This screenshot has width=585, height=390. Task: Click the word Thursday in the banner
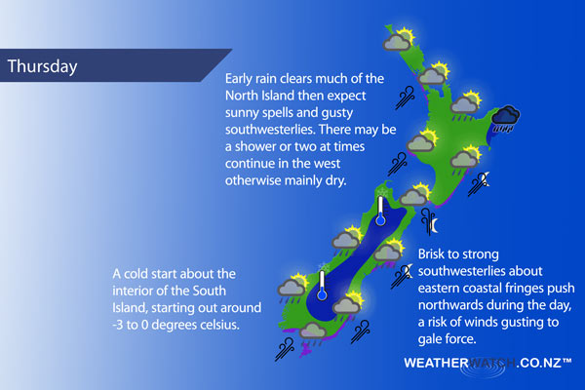(x=42, y=66)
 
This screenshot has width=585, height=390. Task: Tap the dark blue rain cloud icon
(x=505, y=119)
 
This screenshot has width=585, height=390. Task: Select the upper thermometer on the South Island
(x=380, y=211)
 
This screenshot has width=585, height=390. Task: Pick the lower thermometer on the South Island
(x=322, y=286)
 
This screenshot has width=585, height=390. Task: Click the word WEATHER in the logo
(x=436, y=363)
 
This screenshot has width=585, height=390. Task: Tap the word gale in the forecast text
(x=431, y=339)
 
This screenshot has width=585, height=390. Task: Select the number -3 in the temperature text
(x=118, y=325)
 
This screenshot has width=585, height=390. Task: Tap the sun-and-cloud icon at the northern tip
(x=399, y=39)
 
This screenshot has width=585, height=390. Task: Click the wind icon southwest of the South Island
(x=285, y=349)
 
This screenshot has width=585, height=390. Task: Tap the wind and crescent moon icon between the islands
(x=429, y=221)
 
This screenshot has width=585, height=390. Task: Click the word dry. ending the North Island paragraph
(x=333, y=181)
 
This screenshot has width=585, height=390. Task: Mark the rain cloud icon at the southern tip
(x=313, y=333)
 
